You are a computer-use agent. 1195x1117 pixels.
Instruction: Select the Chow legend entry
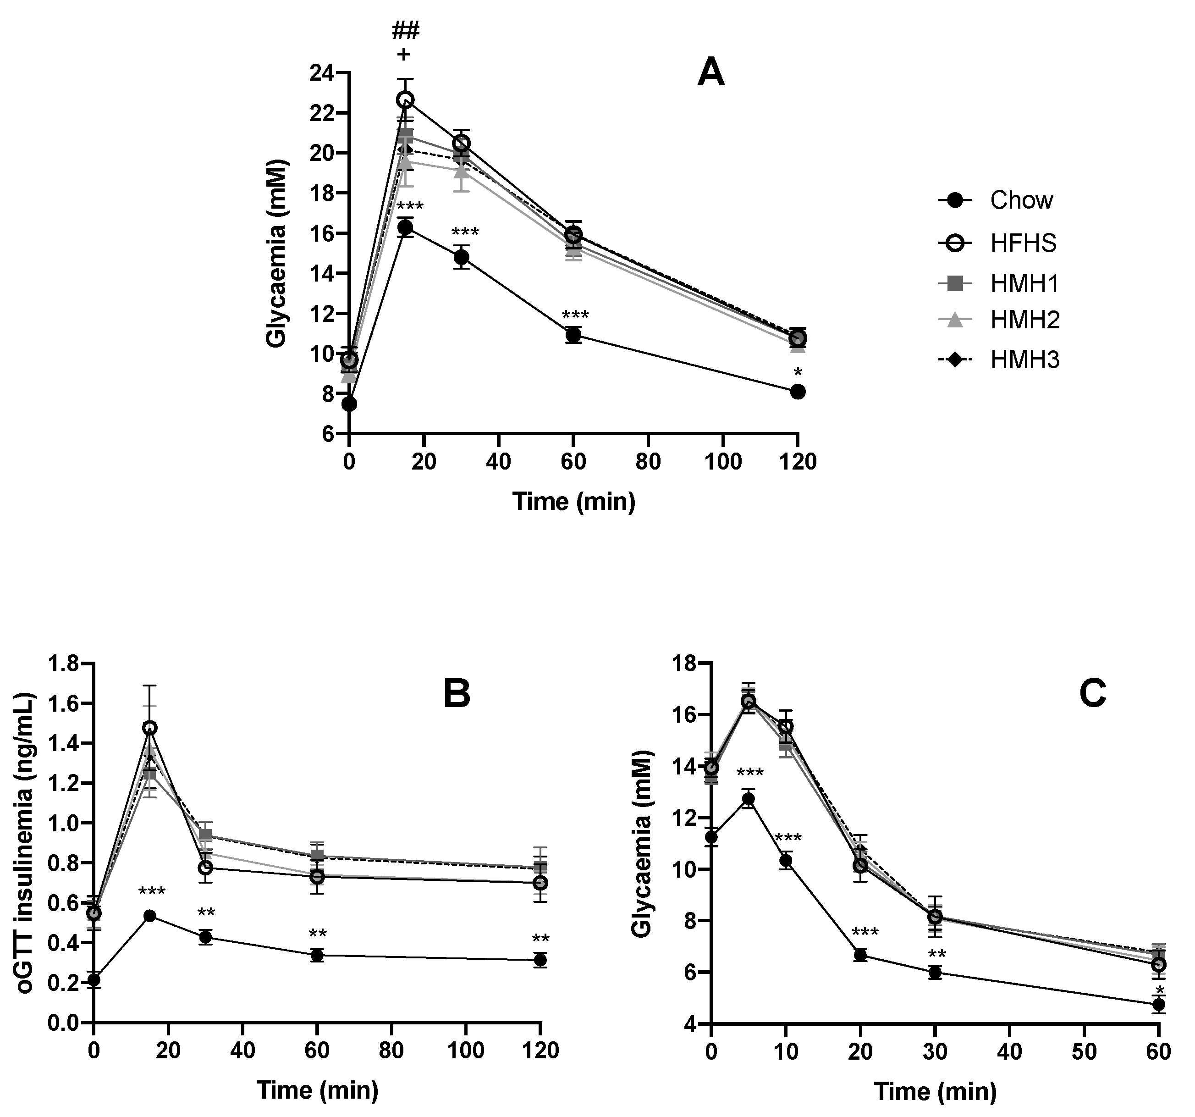coord(1021,200)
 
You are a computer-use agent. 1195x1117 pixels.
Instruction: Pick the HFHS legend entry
coord(1023,243)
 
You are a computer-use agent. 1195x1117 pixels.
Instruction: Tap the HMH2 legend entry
coord(1025,321)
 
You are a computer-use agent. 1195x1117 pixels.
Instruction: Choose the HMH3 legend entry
coord(1025,360)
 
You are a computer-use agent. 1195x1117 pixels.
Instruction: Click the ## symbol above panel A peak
coord(406,30)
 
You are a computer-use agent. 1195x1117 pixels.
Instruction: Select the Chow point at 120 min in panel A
coord(798,392)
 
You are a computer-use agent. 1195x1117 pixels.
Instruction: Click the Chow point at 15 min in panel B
coord(150,916)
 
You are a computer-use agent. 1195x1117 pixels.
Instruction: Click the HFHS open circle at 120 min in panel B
coord(541,883)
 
